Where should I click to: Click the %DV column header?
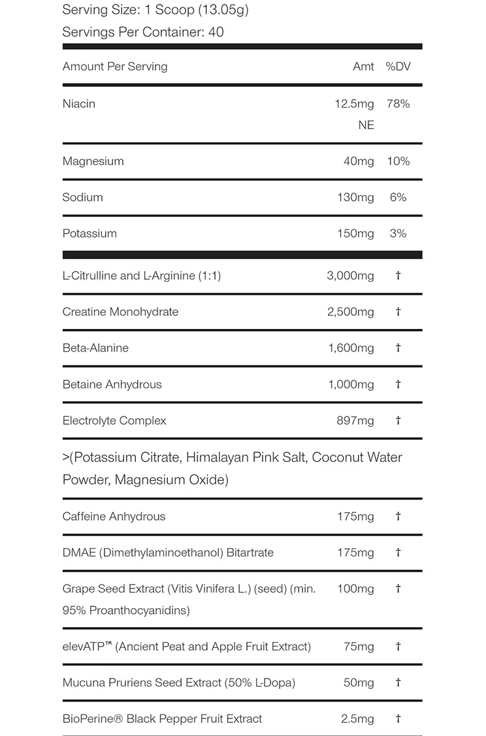tap(398, 67)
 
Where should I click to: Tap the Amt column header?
tap(363, 67)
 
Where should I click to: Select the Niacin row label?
tap(79, 104)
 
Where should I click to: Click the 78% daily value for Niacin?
tap(398, 104)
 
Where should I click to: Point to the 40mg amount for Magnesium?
tap(359, 161)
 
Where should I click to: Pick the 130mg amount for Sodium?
tap(355, 197)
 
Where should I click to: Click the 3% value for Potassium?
tap(398, 234)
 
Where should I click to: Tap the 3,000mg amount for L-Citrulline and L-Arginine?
tap(350, 276)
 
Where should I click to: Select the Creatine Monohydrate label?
tap(120, 312)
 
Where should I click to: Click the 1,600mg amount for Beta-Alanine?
tap(351, 348)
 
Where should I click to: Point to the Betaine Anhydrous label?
tap(112, 384)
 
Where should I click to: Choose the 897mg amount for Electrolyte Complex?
tap(355, 421)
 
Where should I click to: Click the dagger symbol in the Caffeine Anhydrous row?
tap(398, 516)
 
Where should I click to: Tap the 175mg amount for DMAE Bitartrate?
tap(355, 553)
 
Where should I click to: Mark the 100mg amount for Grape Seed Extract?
tap(355, 589)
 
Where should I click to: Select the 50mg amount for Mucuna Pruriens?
tap(359, 682)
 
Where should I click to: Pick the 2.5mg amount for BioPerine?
tap(357, 719)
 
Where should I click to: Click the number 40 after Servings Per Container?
tap(216, 32)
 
